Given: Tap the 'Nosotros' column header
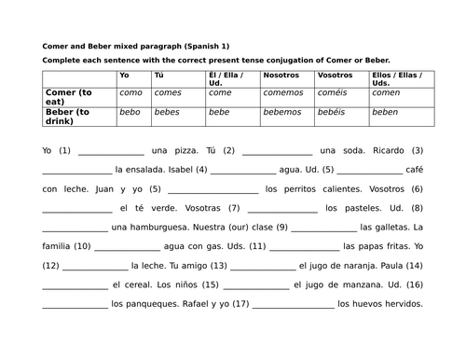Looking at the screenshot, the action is (283, 74).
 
